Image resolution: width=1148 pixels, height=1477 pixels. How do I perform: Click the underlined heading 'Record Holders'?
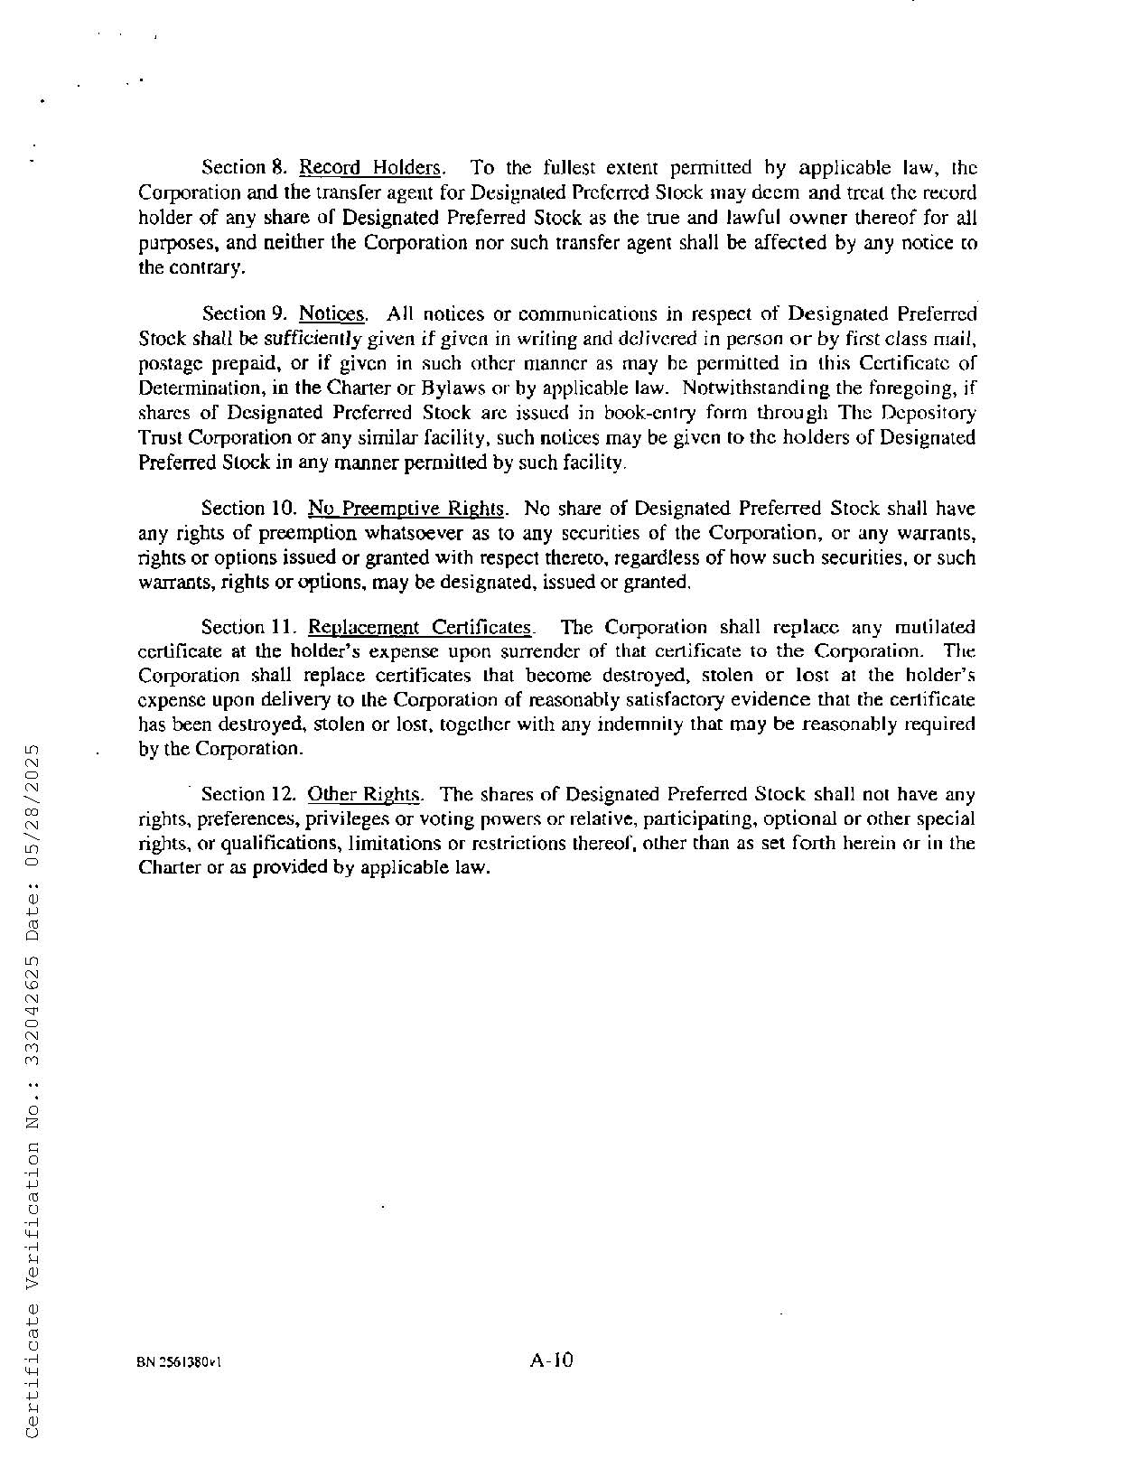coord(370,168)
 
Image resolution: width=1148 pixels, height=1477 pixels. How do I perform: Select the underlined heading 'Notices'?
coord(332,314)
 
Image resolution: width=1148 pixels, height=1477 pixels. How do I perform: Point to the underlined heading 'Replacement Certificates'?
coord(420,627)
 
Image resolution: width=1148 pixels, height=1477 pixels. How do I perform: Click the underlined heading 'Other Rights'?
coord(364,795)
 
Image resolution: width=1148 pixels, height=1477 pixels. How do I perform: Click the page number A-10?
coord(552,1360)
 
